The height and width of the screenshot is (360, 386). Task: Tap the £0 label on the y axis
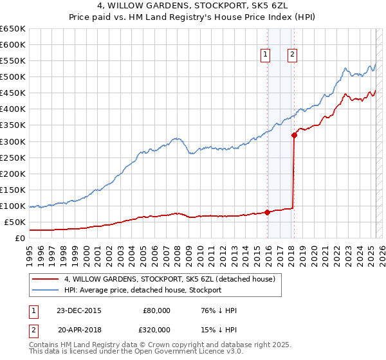tap(21, 239)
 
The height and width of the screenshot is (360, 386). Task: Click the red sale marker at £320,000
tap(294, 135)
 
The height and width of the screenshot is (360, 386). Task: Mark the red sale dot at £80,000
tap(267, 213)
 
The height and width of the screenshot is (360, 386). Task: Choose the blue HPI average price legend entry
tap(142, 290)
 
